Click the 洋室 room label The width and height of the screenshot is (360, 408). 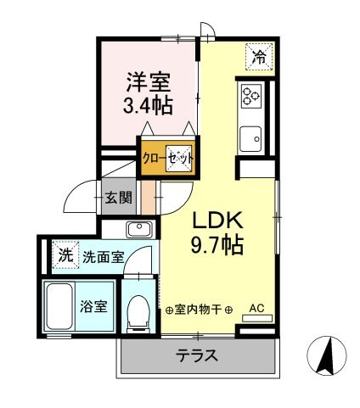pyautogui.click(x=149, y=82)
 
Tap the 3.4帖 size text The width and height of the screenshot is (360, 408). pyautogui.click(x=149, y=107)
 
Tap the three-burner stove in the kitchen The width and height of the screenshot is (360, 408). pyautogui.click(x=251, y=97)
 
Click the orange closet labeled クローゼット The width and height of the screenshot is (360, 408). pyautogui.click(x=168, y=157)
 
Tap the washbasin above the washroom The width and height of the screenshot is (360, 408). pyautogui.click(x=138, y=228)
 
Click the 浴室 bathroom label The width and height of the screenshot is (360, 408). pyautogui.click(x=94, y=306)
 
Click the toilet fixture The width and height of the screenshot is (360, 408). pyautogui.click(x=136, y=311)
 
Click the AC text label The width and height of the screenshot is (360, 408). pyautogui.click(x=257, y=309)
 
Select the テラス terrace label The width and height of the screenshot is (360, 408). pyautogui.click(x=197, y=355)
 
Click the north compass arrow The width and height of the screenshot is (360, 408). pyautogui.click(x=325, y=355)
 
